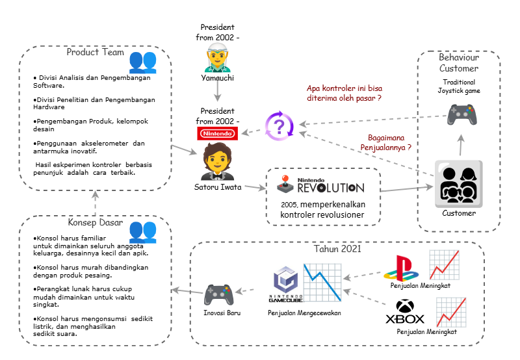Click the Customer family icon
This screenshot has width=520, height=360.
[x=458, y=184]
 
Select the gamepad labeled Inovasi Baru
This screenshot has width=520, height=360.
[x=219, y=295]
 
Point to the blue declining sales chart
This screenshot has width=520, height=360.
[x=322, y=281]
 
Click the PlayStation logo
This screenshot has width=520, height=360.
[x=400, y=266]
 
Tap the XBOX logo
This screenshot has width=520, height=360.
[x=405, y=311]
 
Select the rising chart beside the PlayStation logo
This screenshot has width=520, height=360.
[x=445, y=266]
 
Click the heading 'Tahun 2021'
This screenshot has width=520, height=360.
[x=337, y=249]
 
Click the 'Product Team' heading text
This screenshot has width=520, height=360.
[x=95, y=52]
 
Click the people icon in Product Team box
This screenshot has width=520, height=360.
[x=142, y=62]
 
